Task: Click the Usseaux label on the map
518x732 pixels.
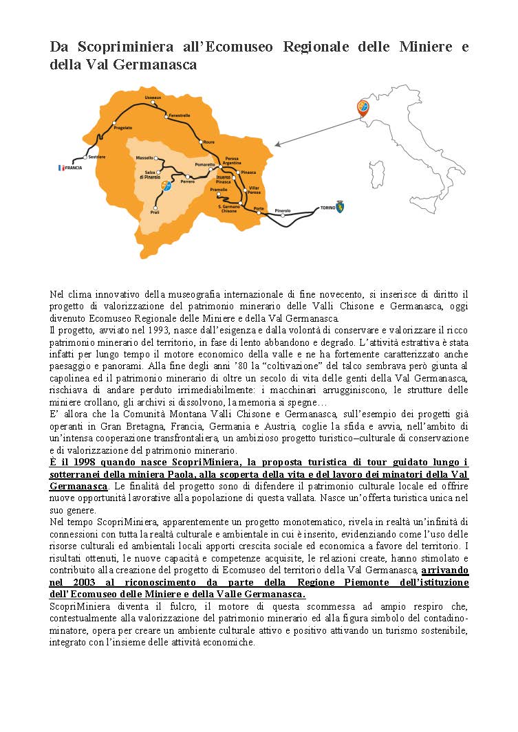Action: [x=153, y=98]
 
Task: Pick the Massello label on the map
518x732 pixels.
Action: [x=144, y=158]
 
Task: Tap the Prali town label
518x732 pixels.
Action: [x=155, y=213]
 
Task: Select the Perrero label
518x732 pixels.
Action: [x=188, y=181]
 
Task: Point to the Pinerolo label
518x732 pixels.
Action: [x=283, y=210]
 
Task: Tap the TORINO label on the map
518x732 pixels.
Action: [x=327, y=208]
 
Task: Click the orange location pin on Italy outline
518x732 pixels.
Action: [x=363, y=107]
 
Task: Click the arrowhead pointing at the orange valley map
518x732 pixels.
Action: [x=277, y=145]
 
